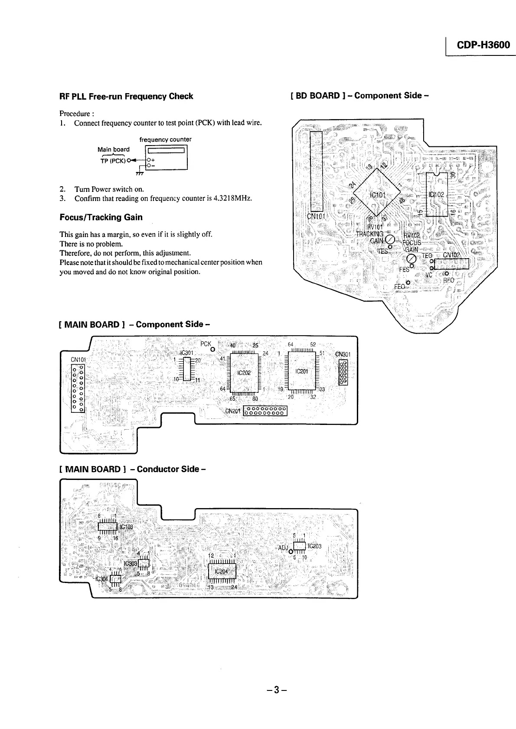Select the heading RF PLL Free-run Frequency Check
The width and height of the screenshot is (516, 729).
click(126, 96)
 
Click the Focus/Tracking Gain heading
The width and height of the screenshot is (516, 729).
click(101, 217)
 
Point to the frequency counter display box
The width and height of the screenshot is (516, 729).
click(167, 151)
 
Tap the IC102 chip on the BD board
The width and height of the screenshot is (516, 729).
click(436, 194)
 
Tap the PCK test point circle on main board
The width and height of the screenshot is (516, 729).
click(213, 350)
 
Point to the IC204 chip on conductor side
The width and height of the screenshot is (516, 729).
click(221, 571)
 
